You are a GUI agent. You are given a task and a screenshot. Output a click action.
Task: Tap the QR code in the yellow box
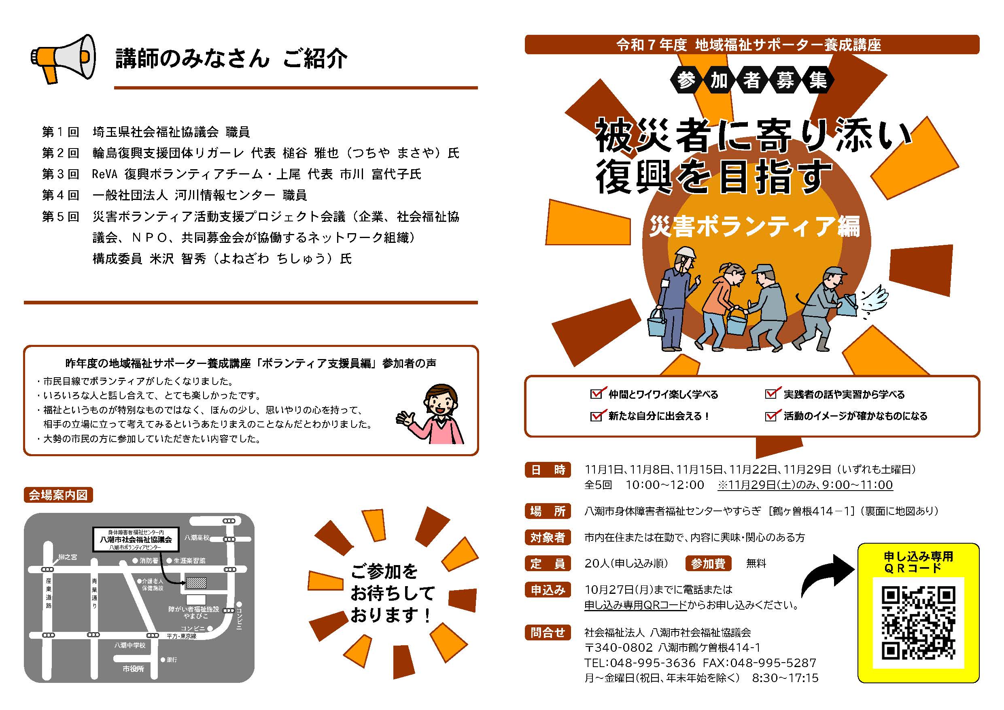point(918,623)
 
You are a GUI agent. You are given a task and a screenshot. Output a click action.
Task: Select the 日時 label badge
point(548,470)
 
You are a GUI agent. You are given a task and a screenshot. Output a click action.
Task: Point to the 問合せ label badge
point(548,632)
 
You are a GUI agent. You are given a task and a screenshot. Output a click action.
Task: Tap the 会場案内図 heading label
point(58,495)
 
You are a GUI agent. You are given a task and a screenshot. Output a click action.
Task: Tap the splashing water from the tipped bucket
point(874,300)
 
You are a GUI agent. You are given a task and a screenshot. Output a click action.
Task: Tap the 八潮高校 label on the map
point(197,538)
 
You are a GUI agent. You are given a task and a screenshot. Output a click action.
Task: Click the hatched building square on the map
point(196,583)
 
